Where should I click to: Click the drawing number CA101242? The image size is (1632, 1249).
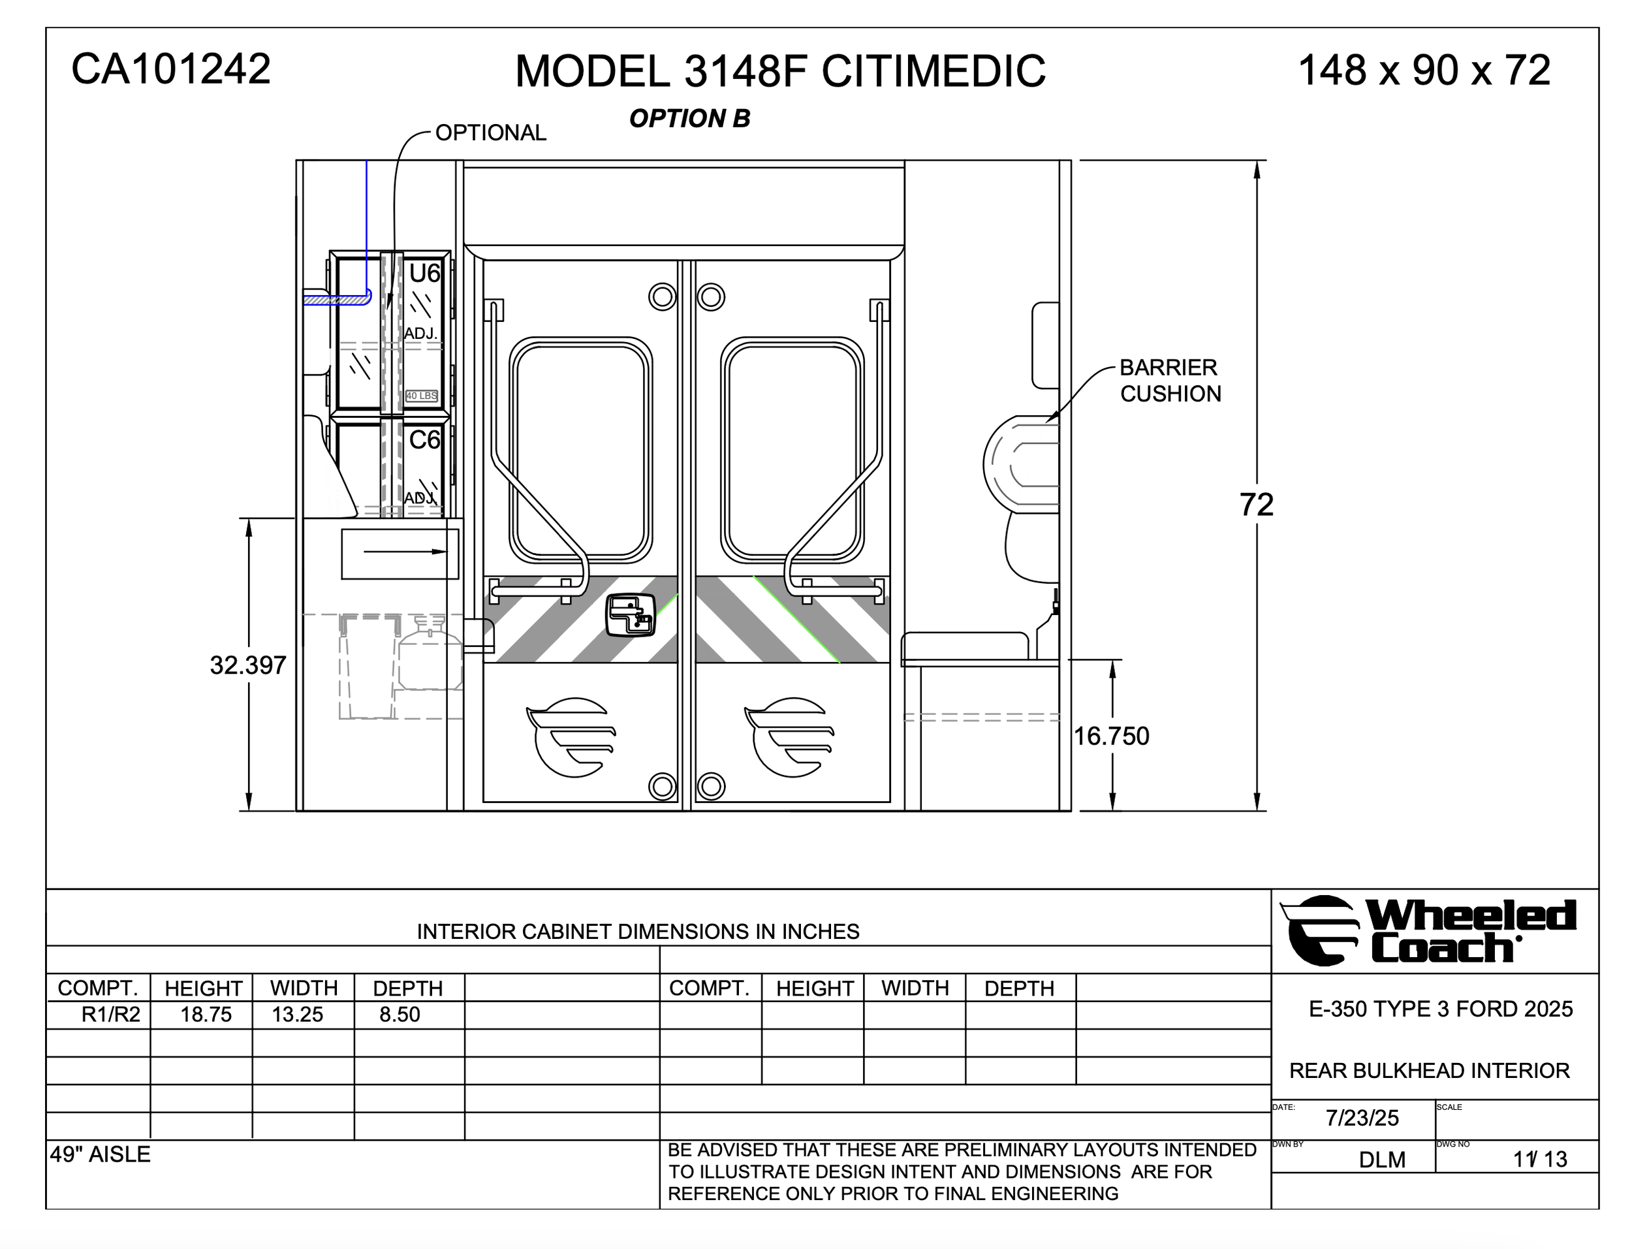tap(171, 69)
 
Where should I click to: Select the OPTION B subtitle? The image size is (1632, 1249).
tap(689, 118)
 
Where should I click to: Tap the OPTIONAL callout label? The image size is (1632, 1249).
tap(490, 133)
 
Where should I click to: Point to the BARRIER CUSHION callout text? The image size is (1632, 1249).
tap(1170, 381)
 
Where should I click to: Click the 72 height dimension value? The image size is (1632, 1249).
tap(1256, 505)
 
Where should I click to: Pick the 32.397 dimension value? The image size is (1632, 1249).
tap(247, 665)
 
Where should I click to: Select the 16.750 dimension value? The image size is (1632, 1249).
tap(1111, 736)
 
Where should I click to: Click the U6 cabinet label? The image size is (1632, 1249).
tap(424, 274)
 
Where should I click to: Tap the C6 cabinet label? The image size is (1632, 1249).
tap(424, 440)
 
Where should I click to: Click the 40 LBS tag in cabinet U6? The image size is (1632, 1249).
tap(421, 396)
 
